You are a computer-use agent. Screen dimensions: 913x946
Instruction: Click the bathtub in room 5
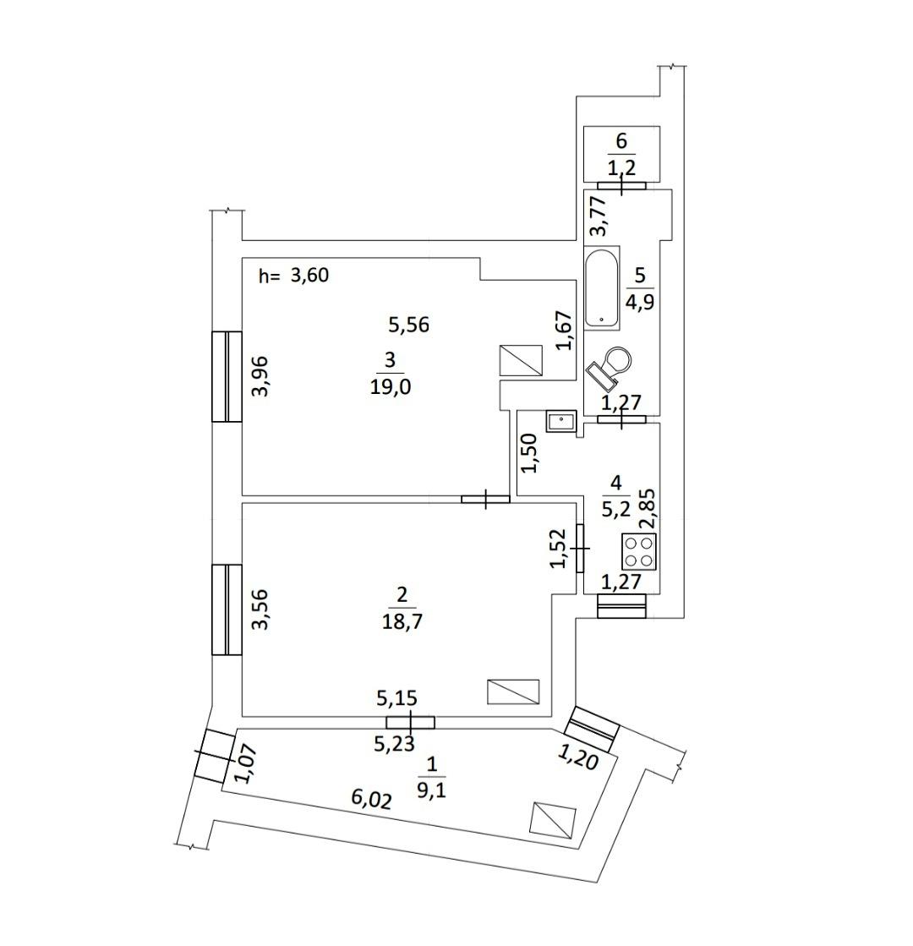tap(602, 287)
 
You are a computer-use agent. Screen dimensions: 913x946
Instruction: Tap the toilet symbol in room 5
tap(610, 366)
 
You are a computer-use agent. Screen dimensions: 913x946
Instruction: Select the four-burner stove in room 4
tap(639, 551)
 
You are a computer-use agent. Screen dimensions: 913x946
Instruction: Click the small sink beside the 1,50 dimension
tap(561, 420)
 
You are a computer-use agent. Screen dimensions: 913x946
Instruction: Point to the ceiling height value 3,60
tap(309, 276)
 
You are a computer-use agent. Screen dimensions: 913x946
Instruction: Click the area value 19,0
tap(390, 386)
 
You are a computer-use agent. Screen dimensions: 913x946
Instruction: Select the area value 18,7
tap(402, 621)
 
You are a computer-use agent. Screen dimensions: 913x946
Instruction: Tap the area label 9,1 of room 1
tap(431, 790)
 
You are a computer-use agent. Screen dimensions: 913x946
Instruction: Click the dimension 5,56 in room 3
tap(408, 325)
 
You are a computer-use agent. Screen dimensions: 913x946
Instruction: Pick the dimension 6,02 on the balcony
tap(372, 800)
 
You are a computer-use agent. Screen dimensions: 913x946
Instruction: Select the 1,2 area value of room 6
tap(621, 167)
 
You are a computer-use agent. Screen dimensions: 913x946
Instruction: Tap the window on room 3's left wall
tap(227, 376)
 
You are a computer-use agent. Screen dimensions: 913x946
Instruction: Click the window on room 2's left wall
tap(227, 610)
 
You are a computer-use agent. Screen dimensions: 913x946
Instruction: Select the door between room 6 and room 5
tap(621, 186)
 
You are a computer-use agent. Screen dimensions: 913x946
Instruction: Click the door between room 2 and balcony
tap(410, 722)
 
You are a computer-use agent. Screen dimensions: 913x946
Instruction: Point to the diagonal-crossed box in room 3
tap(522, 360)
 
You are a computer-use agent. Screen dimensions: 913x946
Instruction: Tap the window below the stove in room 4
tap(621, 606)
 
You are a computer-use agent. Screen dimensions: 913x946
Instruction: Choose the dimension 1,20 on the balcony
tap(577, 757)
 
